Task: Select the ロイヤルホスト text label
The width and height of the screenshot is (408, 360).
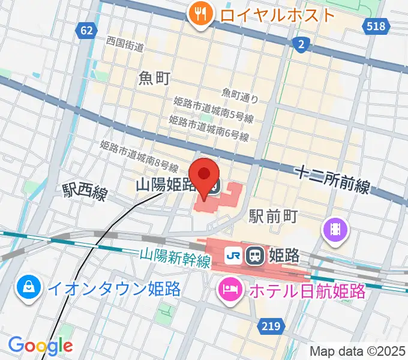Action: [277, 14]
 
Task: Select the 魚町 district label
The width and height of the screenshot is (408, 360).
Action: [154, 78]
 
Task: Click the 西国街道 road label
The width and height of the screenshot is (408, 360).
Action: [125, 44]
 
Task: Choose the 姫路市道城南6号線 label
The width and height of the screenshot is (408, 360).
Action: [209, 128]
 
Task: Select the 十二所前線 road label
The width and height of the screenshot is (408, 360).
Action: [332, 178]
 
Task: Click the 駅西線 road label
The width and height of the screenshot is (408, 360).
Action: [85, 193]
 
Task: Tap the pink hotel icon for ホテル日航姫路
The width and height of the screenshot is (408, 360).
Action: [231, 290]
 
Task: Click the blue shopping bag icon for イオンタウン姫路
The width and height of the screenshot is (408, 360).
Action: [28, 289]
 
